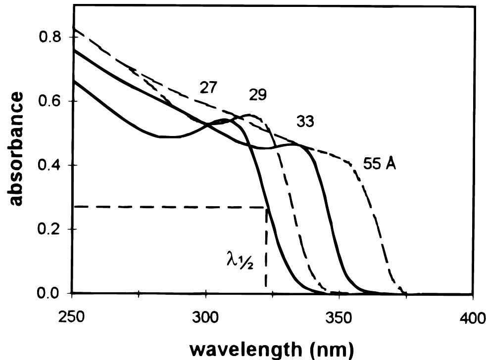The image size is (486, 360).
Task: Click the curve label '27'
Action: (210, 89)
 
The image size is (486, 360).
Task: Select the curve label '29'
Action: (256, 95)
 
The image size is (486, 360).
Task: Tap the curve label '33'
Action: (305, 122)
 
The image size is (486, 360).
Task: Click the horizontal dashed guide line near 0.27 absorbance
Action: (168, 207)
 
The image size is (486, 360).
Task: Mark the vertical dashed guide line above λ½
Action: (266, 237)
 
